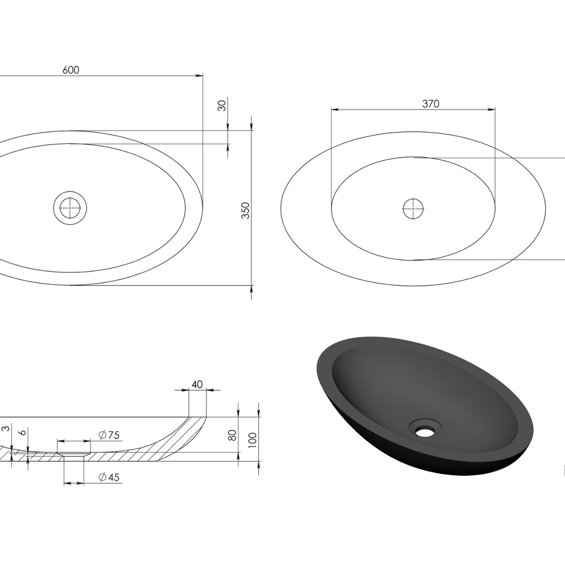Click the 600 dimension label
(71, 69)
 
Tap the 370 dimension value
(431, 104)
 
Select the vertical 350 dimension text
(245, 210)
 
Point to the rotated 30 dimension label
(222, 106)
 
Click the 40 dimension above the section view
(197, 384)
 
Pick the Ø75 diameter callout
(109, 435)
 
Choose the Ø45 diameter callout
(109, 477)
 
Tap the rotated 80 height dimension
(232, 435)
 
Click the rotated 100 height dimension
(253, 440)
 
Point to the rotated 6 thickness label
(23, 432)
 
